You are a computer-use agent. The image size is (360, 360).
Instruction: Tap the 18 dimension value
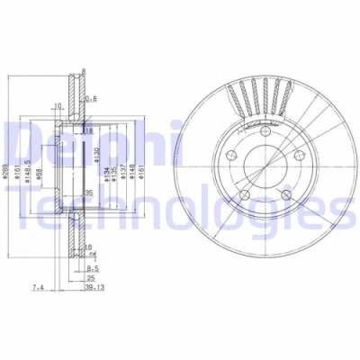tap(88, 130)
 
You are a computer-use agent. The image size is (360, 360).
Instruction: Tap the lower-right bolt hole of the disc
tap(287, 194)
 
